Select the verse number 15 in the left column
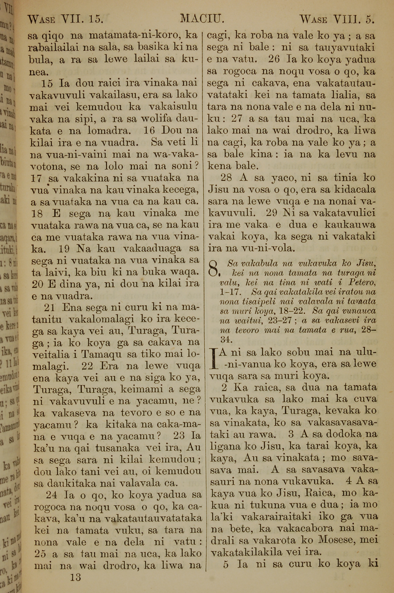click(47, 83)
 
